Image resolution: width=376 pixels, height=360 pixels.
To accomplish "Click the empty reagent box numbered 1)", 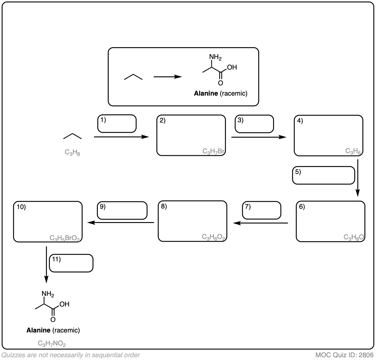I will pyautogui.click(x=117, y=123).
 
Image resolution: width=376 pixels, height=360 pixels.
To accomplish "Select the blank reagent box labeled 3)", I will pyautogui.click(x=254, y=124).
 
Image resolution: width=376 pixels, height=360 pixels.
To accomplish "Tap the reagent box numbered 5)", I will pyautogui.click(x=323, y=175).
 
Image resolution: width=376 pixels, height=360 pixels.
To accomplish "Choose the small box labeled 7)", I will pyautogui.click(x=262, y=210).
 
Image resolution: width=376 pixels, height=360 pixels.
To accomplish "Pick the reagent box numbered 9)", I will pyautogui.click(x=122, y=210).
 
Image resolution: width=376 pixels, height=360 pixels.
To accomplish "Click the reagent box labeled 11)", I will pyautogui.click(x=71, y=263).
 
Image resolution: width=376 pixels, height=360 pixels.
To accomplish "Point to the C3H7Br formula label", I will pyautogui.click(x=214, y=151).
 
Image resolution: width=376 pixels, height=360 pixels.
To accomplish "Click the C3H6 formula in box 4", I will pyautogui.click(x=353, y=151).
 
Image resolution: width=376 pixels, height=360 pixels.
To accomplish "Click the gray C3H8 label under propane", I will pyautogui.click(x=72, y=153).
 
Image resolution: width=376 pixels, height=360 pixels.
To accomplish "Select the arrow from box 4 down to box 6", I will pyautogui.click(x=358, y=178).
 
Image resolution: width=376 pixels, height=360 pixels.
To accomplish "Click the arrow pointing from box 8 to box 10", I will pyautogui.click(x=121, y=223).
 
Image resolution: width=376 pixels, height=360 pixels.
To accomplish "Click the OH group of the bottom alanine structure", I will pyautogui.click(x=64, y=304).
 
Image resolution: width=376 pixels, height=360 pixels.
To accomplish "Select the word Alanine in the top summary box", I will pyautogui.click(x=206, y=93).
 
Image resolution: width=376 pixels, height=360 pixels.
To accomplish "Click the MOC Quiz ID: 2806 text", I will pyautogui.click(x=344, y=355).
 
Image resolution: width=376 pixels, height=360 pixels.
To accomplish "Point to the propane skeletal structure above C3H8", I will pyautogui.click(x=72, y=136).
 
